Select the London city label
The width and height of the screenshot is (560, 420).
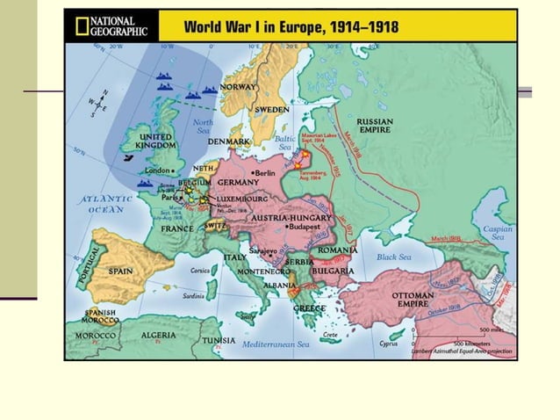click(157, 170)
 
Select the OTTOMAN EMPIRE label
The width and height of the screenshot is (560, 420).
click(413, 299)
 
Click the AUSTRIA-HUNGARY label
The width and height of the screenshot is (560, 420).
click(291, 217)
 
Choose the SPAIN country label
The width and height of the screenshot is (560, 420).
click(120, 272)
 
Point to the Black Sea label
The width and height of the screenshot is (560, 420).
click(393, 257)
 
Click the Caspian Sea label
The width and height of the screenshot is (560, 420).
click(497, 233)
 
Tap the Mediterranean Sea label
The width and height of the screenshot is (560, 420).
click(276, 344)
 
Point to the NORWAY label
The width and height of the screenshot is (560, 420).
click(238, 88)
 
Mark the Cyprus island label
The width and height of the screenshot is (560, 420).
click(388, 344)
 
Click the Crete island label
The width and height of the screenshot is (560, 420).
click(330, 335)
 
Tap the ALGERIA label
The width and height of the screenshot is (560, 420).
click(159, 336)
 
